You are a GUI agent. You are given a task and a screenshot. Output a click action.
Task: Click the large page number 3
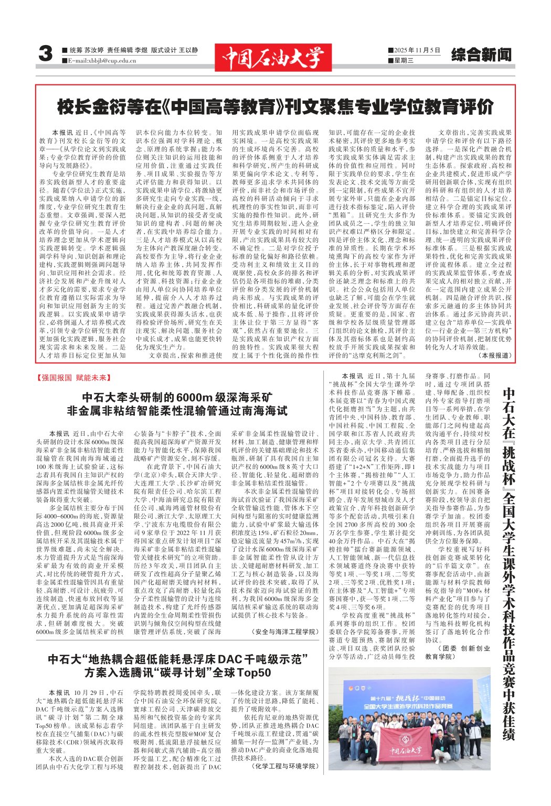click(x=46, y=54)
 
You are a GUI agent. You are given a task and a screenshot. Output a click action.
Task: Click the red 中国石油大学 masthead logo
click(x=272, y=57)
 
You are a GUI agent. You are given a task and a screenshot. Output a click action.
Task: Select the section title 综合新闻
click(x=481, y=55)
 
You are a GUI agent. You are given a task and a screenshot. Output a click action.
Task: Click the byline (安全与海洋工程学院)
click(x=285, y=632)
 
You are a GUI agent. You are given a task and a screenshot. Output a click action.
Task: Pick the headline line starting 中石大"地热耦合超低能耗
click(x=178, y=659)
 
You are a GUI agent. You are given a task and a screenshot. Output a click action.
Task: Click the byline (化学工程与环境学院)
click(x=285, y=766)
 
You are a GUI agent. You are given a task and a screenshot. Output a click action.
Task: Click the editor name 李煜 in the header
click(x=141, y=50)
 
